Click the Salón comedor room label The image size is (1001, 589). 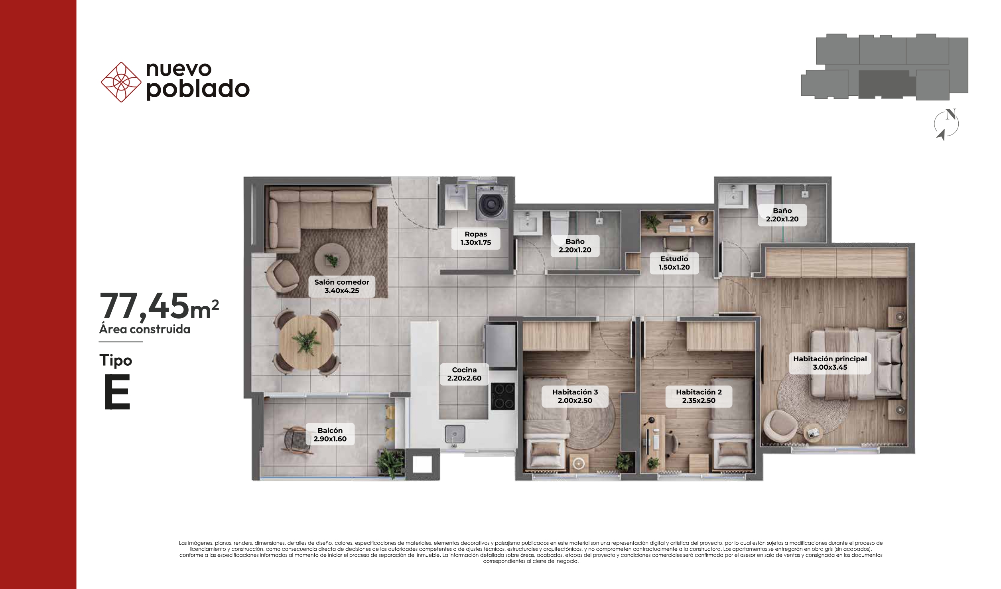(x=342, y=286)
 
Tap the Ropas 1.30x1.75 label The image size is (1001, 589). (x=476, y=238)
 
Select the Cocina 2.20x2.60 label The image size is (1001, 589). (x=464, y=374)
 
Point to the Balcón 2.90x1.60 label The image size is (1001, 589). (x=330, y=435)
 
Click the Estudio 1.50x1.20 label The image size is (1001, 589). (x=674, y=263)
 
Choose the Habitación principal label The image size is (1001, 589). (x=830, y=363)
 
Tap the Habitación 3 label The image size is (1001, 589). (x=575, y=396)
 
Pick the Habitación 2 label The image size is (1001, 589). (x=699, y=396)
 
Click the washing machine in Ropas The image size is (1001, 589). (x=492, y=203)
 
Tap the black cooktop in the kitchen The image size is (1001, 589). (x=503, y=396)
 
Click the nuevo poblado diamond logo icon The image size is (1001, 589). (x=121, y=82)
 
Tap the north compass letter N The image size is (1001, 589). (x=951, y=114)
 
